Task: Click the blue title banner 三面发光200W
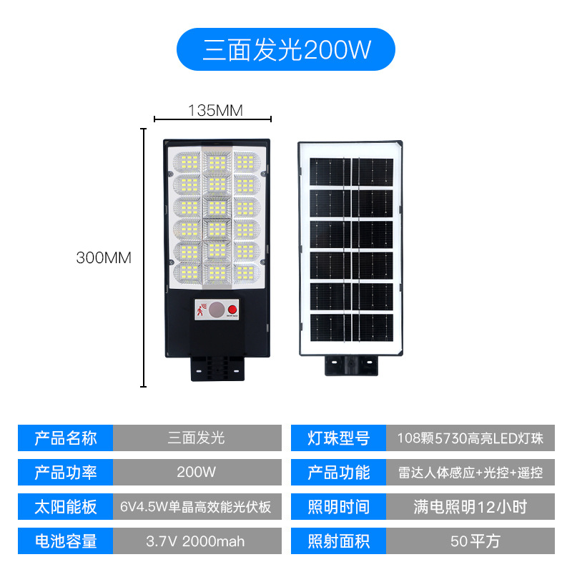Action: click(x=285, y=49)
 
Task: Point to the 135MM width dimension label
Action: click(x=215, y=111)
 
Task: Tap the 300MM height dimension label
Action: click(x=104, y=257)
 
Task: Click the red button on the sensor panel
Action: click(x=232, y=310)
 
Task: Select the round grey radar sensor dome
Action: click(x=217, y=310)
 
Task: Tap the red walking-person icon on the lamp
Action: click(x=201, y=310)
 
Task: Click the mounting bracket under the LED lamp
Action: click(x=217, y=368)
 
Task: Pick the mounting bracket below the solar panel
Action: click(x=351, y=365)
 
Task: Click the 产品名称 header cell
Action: click(x=65, y=438)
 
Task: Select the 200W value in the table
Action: click(x=197, y=472)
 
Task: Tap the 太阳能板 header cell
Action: click(x=65, y=506)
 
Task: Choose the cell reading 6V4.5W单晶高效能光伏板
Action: click(x=197, y=506)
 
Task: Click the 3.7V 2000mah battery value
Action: click(x=197, y=541)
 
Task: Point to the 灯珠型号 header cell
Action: click(x=338, y=438)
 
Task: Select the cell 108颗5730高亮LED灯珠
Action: click(x=470, y=438)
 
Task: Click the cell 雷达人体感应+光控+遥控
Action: click(x=470, y=472)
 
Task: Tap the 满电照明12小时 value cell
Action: click(x=470, y=506)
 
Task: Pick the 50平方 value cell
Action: click(x=470, y=541)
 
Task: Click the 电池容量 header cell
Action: click(x=65, y=541)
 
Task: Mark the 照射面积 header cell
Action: click(x=338, y=541)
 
